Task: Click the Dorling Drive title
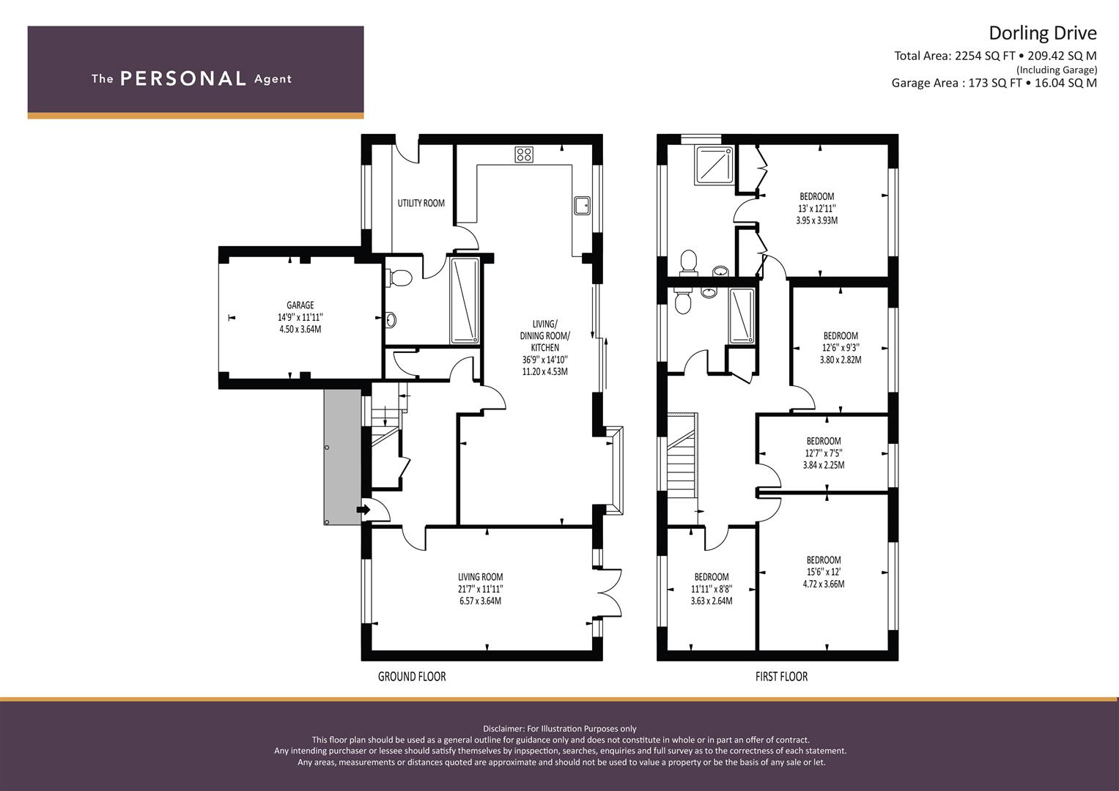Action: click(1042, 34)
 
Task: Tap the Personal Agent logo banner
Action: click(195, 72)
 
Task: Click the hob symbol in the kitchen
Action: click(523, 155)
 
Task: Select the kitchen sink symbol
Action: click(582, 206)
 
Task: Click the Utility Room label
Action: click(421, 204)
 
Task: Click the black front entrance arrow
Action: click(362, 509)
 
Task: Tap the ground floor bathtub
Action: click(465, 300)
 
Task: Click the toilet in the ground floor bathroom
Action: click(399, 278)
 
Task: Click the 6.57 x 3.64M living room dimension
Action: click(480, 601)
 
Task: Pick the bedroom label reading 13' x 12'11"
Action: click(816, 208)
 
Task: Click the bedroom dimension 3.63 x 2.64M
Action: click(711, 601)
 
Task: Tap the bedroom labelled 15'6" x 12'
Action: click(824, 572)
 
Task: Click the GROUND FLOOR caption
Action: click(411, 677)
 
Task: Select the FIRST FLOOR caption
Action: click(781, 677)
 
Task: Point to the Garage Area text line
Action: click(994, 83)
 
